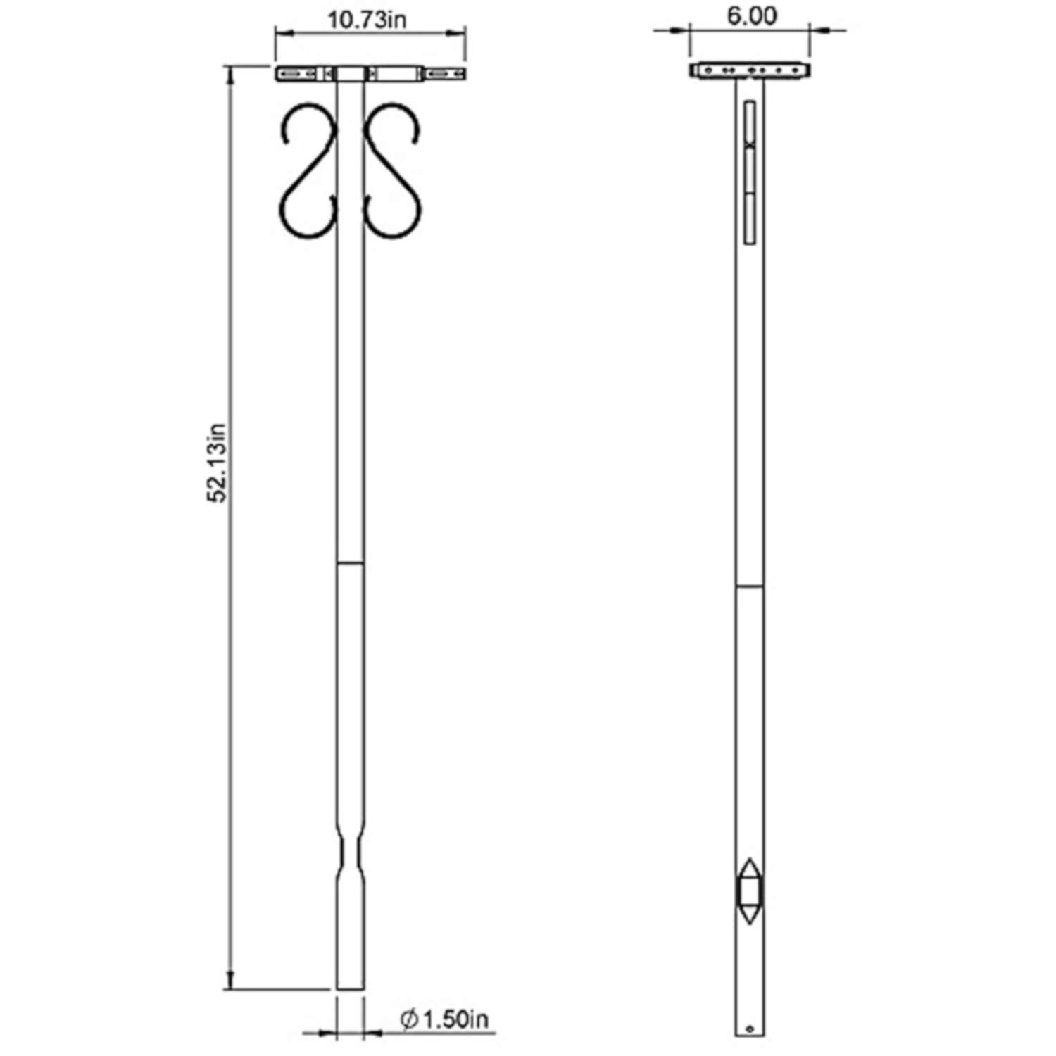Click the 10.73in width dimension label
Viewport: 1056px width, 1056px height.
367,20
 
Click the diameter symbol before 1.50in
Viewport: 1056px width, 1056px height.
409,1019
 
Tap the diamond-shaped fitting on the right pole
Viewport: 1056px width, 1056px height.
748,890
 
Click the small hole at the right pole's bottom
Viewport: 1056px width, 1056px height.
749,1028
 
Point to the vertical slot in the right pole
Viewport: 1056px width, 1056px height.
749,172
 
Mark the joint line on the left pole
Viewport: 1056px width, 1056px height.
350,563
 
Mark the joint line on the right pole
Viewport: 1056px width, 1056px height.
749,586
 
